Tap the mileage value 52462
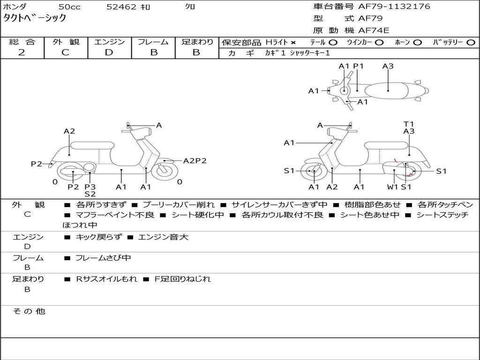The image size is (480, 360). point(121,7)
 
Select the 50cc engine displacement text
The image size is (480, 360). point(69,7)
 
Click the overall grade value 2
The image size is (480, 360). point(22,52)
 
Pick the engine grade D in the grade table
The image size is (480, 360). point(109,52)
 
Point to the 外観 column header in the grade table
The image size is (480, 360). point(66,42)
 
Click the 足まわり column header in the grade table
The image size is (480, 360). point(197,42)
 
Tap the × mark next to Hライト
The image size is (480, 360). point(293,43)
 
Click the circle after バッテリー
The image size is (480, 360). point(471,43)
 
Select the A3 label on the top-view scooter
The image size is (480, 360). point(388,66)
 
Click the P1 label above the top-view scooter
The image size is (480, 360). point(358,66)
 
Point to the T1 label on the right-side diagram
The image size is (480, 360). point(409,124)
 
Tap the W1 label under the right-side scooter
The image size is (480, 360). point(392,187)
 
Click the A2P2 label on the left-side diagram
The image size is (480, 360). point(195,161)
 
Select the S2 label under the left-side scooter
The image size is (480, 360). point(90,194)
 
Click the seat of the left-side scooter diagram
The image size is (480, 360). point(92,145)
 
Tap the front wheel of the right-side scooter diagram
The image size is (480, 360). point(313,171)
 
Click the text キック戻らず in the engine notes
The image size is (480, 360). point(98,237)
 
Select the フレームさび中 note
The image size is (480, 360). point(103,258)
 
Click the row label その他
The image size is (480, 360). point(29,311)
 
